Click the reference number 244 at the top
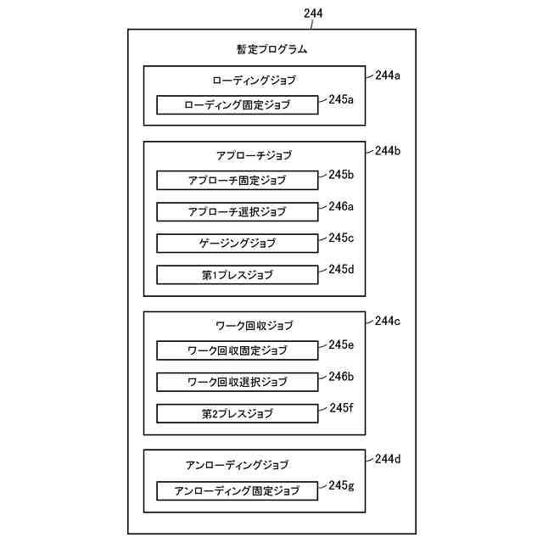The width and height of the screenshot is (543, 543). point(312,14)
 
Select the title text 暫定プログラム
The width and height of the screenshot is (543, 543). point(271,49)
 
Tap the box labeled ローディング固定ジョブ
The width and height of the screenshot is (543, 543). point(237,105)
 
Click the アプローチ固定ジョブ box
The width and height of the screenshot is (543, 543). point(237,180)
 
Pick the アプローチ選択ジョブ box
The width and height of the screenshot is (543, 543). point(237,211)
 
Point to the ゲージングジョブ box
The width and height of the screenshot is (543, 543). point(237,243)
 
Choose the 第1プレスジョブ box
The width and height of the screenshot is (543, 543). point(237,275)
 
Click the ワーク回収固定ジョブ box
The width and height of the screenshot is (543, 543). point(237,350)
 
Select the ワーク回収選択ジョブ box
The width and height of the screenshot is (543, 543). point(237,382)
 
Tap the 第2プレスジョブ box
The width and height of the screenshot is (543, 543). point(237,414)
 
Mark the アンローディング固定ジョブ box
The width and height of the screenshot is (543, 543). point(237,490)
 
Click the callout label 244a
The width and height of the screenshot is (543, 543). point(388,76)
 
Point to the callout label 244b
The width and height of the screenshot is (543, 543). point(388,151)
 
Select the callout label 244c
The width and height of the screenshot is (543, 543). point(388,321)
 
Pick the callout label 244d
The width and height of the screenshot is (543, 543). point(388,459)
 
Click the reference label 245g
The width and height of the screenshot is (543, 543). point(341,485)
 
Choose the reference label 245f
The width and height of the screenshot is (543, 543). point(341,408)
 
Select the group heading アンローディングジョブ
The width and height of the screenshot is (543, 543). point(237,465)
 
